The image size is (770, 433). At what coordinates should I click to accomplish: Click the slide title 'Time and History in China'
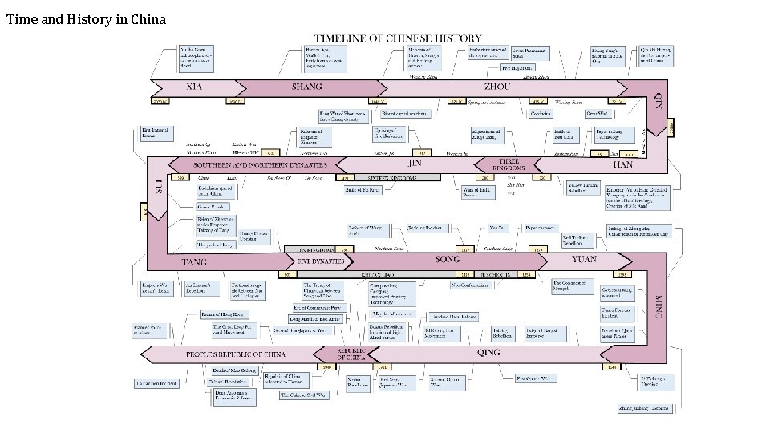coord(86,19)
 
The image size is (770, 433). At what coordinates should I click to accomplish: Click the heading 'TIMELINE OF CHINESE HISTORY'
coord(398,38)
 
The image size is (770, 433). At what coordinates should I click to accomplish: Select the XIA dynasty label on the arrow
coord(194,87)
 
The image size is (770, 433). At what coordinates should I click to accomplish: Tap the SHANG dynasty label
coord(307,87)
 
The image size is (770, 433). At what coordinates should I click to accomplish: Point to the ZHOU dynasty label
coord(497,87)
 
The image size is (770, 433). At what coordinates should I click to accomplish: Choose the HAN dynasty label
coord(622,164)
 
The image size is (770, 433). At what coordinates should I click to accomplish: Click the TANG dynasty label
coord(194,261)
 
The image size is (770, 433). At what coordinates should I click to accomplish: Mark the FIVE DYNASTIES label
coord(321,261)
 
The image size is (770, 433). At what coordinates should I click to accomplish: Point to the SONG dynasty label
coord(448,260)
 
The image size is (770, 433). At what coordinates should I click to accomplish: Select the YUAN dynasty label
coord(584,260)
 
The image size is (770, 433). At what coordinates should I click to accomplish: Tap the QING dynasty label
coord(488,352)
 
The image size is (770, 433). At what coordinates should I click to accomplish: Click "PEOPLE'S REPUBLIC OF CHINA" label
coord(236,354)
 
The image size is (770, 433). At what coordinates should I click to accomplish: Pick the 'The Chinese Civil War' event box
coord(304,395)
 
